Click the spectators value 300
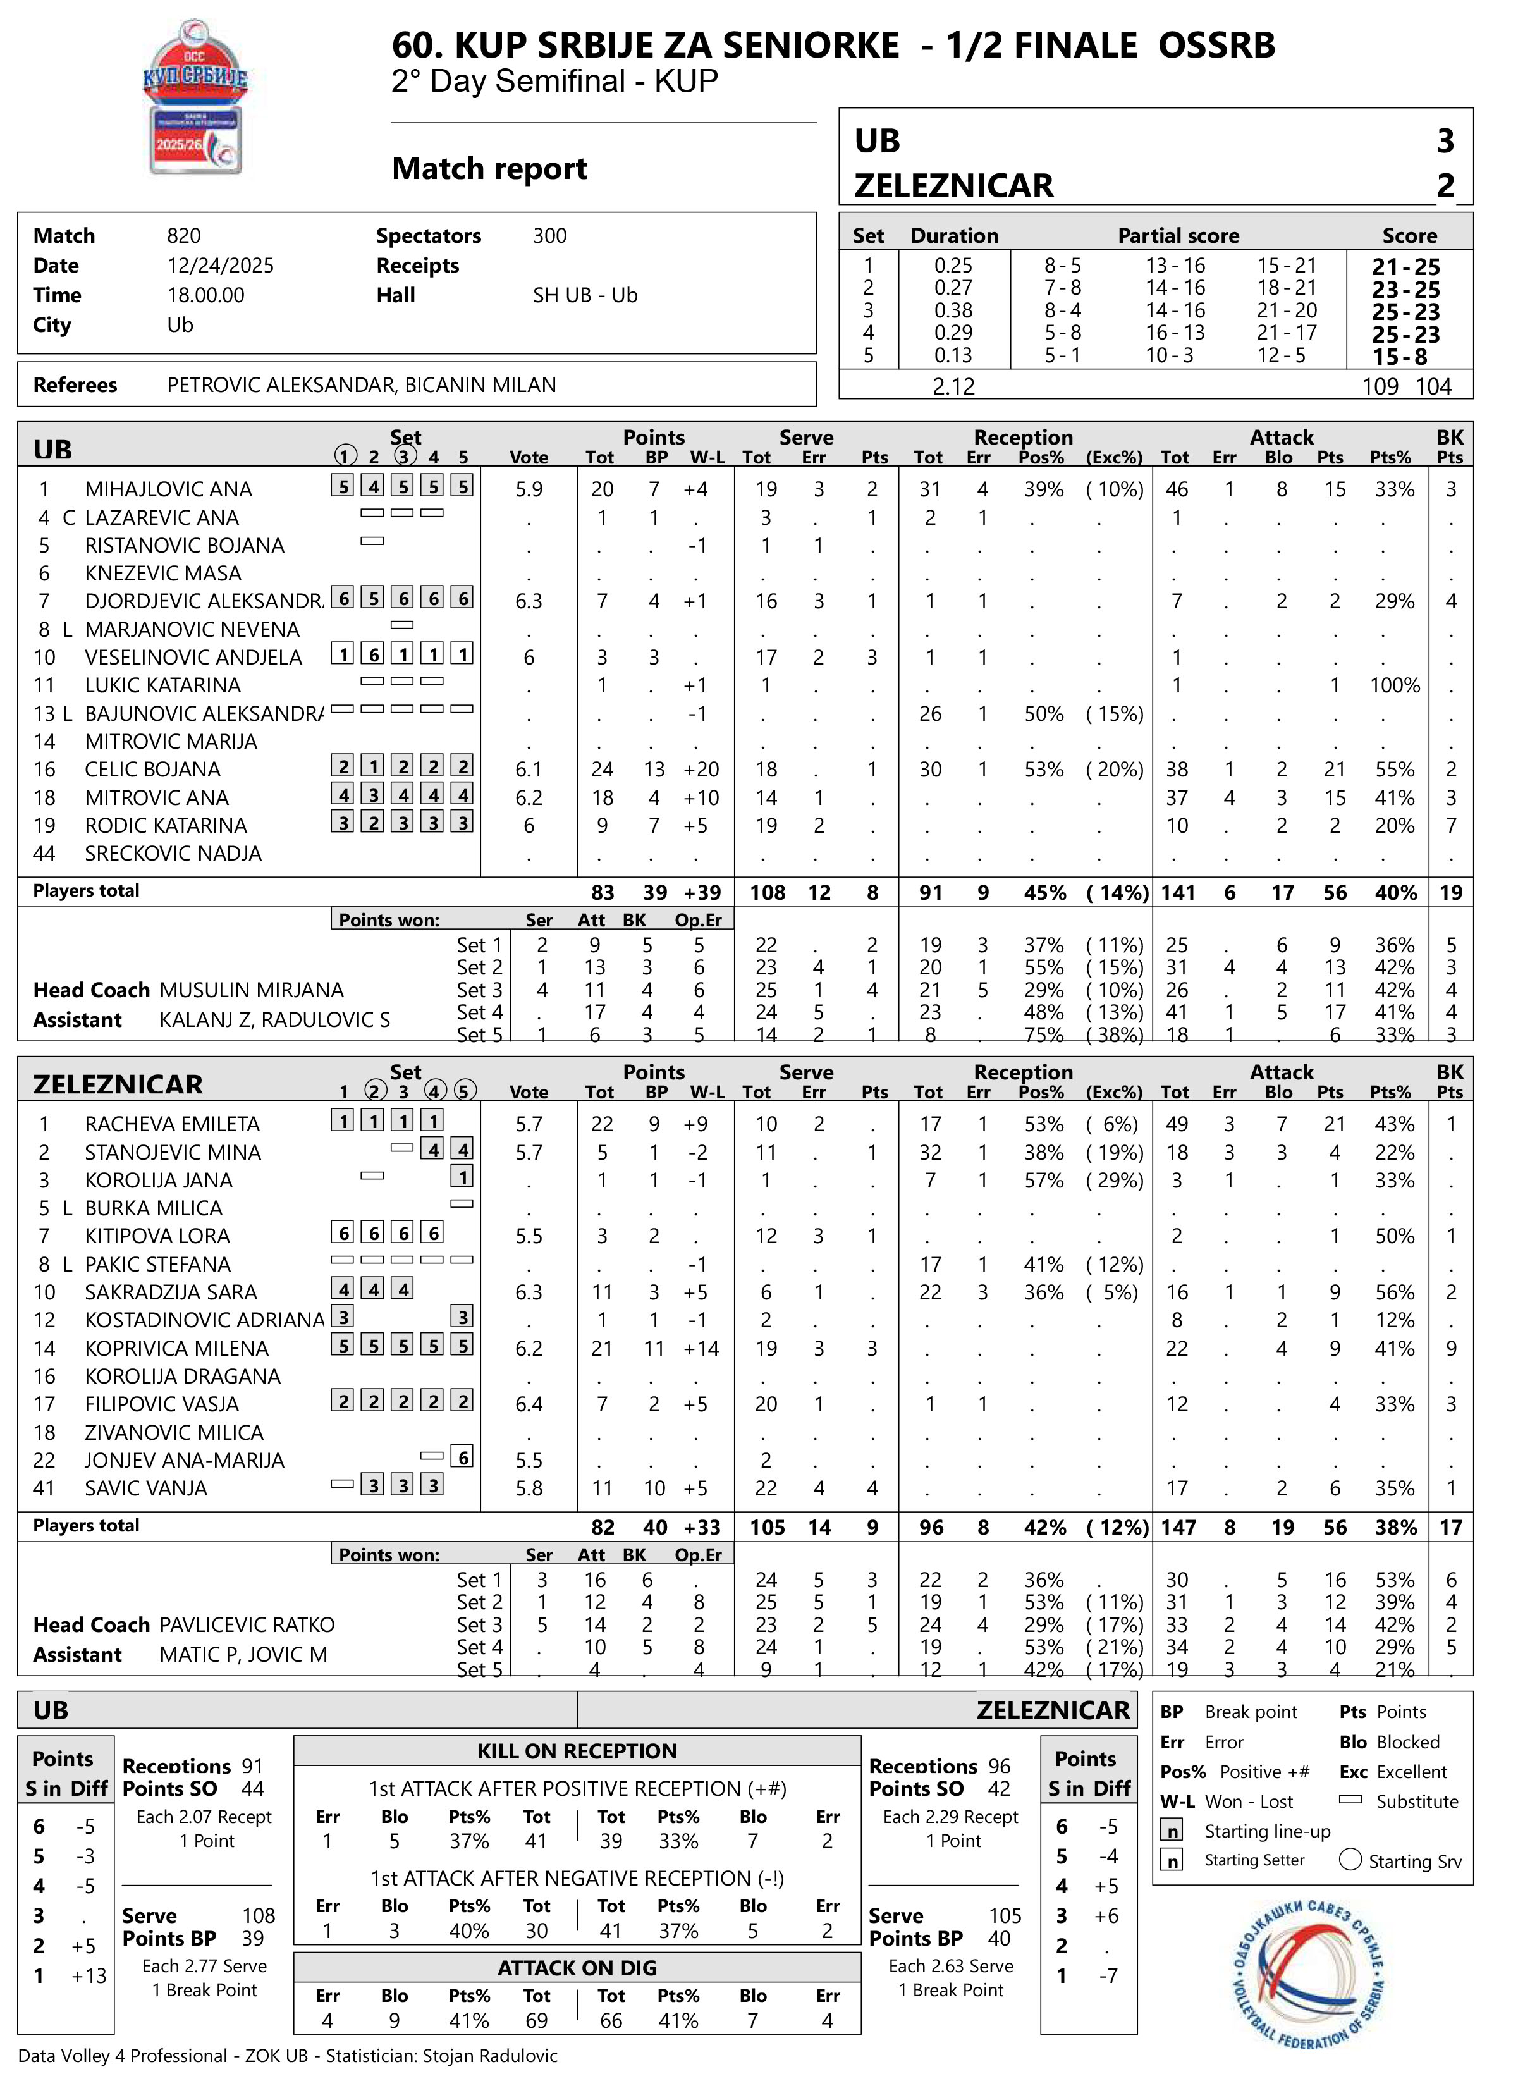point(549,236)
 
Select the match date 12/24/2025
point(221,266)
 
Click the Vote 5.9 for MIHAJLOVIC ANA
point(529,489)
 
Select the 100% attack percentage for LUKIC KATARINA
point(1394,685)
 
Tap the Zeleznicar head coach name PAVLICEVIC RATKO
point(247,1624)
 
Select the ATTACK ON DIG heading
point(577,1967)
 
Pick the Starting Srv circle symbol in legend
point(1350,1860)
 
